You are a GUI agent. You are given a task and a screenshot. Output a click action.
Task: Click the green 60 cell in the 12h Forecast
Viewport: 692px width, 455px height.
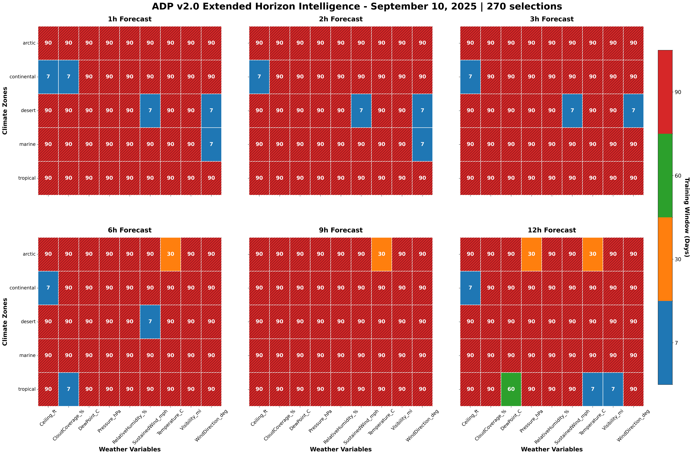(511, 389)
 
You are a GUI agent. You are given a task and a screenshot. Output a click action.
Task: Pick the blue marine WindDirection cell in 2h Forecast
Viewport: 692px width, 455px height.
(422, 144)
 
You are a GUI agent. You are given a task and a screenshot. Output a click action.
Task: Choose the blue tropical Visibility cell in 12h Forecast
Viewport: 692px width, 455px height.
(613, 389)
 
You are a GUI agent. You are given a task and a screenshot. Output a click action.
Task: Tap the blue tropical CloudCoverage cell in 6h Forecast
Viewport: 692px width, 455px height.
(69, 389)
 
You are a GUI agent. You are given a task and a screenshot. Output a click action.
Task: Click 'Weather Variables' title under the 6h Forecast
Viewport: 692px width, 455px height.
(130, 449)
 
